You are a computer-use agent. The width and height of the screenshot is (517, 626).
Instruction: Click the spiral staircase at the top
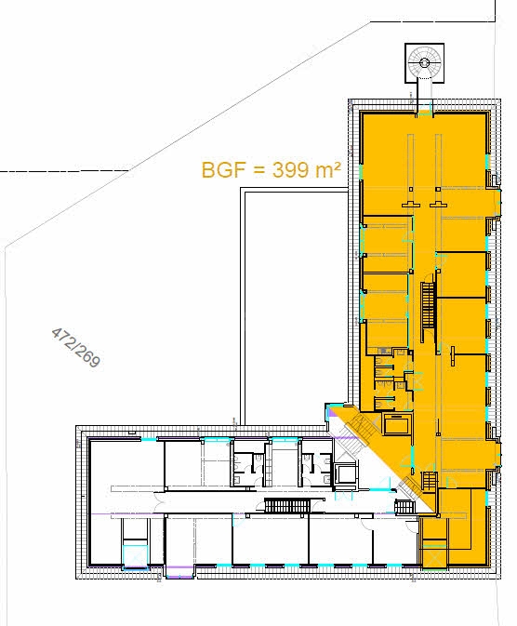pos(424,62)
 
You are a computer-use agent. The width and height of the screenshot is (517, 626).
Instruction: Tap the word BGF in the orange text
pos(220,170)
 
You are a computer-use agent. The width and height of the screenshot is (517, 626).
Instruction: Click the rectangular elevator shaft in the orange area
pos(394,425)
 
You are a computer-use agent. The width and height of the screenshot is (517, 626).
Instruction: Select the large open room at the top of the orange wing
pos(424,158)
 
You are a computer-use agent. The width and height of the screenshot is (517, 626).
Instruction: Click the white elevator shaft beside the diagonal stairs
pos(345,472)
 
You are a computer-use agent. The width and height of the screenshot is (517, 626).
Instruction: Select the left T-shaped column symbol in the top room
pos(409,202)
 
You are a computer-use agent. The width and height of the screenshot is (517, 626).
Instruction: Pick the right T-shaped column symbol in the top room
pos(438,202)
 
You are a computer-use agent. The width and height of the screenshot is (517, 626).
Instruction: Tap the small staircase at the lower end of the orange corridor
pos(428,483)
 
